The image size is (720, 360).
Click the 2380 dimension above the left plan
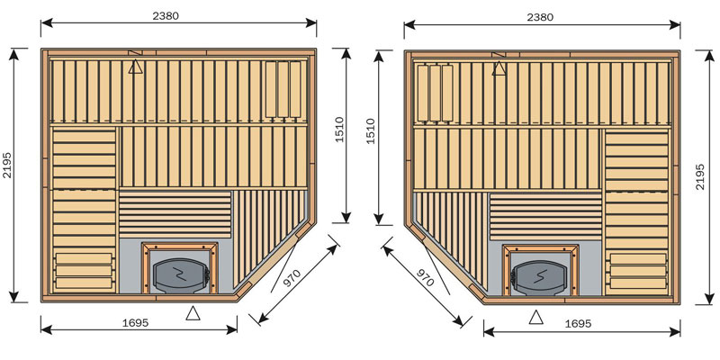166,16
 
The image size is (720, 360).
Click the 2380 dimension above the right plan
540,17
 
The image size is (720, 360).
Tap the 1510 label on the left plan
339,130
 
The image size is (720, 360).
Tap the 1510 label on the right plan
370,130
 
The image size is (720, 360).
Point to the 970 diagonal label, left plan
292,278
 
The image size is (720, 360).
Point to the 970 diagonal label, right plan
425,278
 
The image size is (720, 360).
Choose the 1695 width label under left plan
136,323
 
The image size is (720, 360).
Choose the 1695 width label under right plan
578,324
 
